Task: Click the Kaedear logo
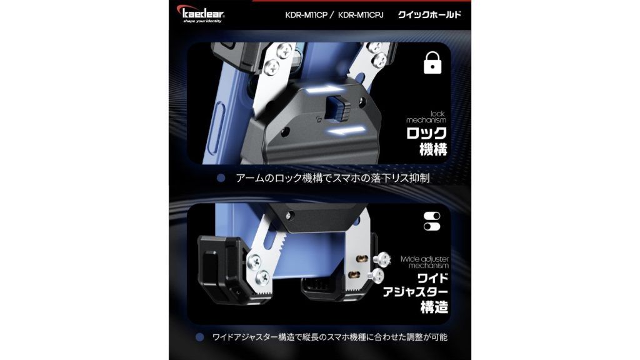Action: click(x=201, y=14)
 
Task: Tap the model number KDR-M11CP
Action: click(x=306, y=15)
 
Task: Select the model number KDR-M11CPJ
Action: click(x=361, y=15)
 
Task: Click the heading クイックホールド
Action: click(x=429, y=15)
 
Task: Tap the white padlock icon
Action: click(x=432, y=62)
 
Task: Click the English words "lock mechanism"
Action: click(x=426, y=117)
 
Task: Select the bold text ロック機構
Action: click(x=426, y=141)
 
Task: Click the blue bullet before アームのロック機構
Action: click(x=221, y=178)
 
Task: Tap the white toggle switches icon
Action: click(x=432, y=221)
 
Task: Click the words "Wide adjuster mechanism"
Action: click(x=424, y=262)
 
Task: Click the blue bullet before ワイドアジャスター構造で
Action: click(x=199, y=337)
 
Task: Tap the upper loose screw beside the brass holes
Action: click(x=382, y=259)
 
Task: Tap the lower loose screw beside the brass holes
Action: click(x=376, y=276)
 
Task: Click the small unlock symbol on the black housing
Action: click(x=319, y=119)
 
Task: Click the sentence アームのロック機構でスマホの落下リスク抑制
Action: click(x=332, y=178)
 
